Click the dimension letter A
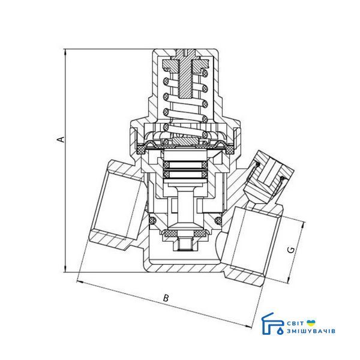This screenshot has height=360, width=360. tap(61, 139)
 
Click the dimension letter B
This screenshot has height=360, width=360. tap(166, 298)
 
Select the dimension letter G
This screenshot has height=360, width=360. tap(291, 250)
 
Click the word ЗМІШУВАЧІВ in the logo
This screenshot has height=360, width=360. tap(311, 331)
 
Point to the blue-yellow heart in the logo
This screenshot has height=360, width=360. tap(311, 323)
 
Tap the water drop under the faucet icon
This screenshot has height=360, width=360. tap(280, 331)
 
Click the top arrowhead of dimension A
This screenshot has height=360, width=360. tap(65, 52)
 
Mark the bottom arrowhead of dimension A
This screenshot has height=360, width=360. tap(65, 269)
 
